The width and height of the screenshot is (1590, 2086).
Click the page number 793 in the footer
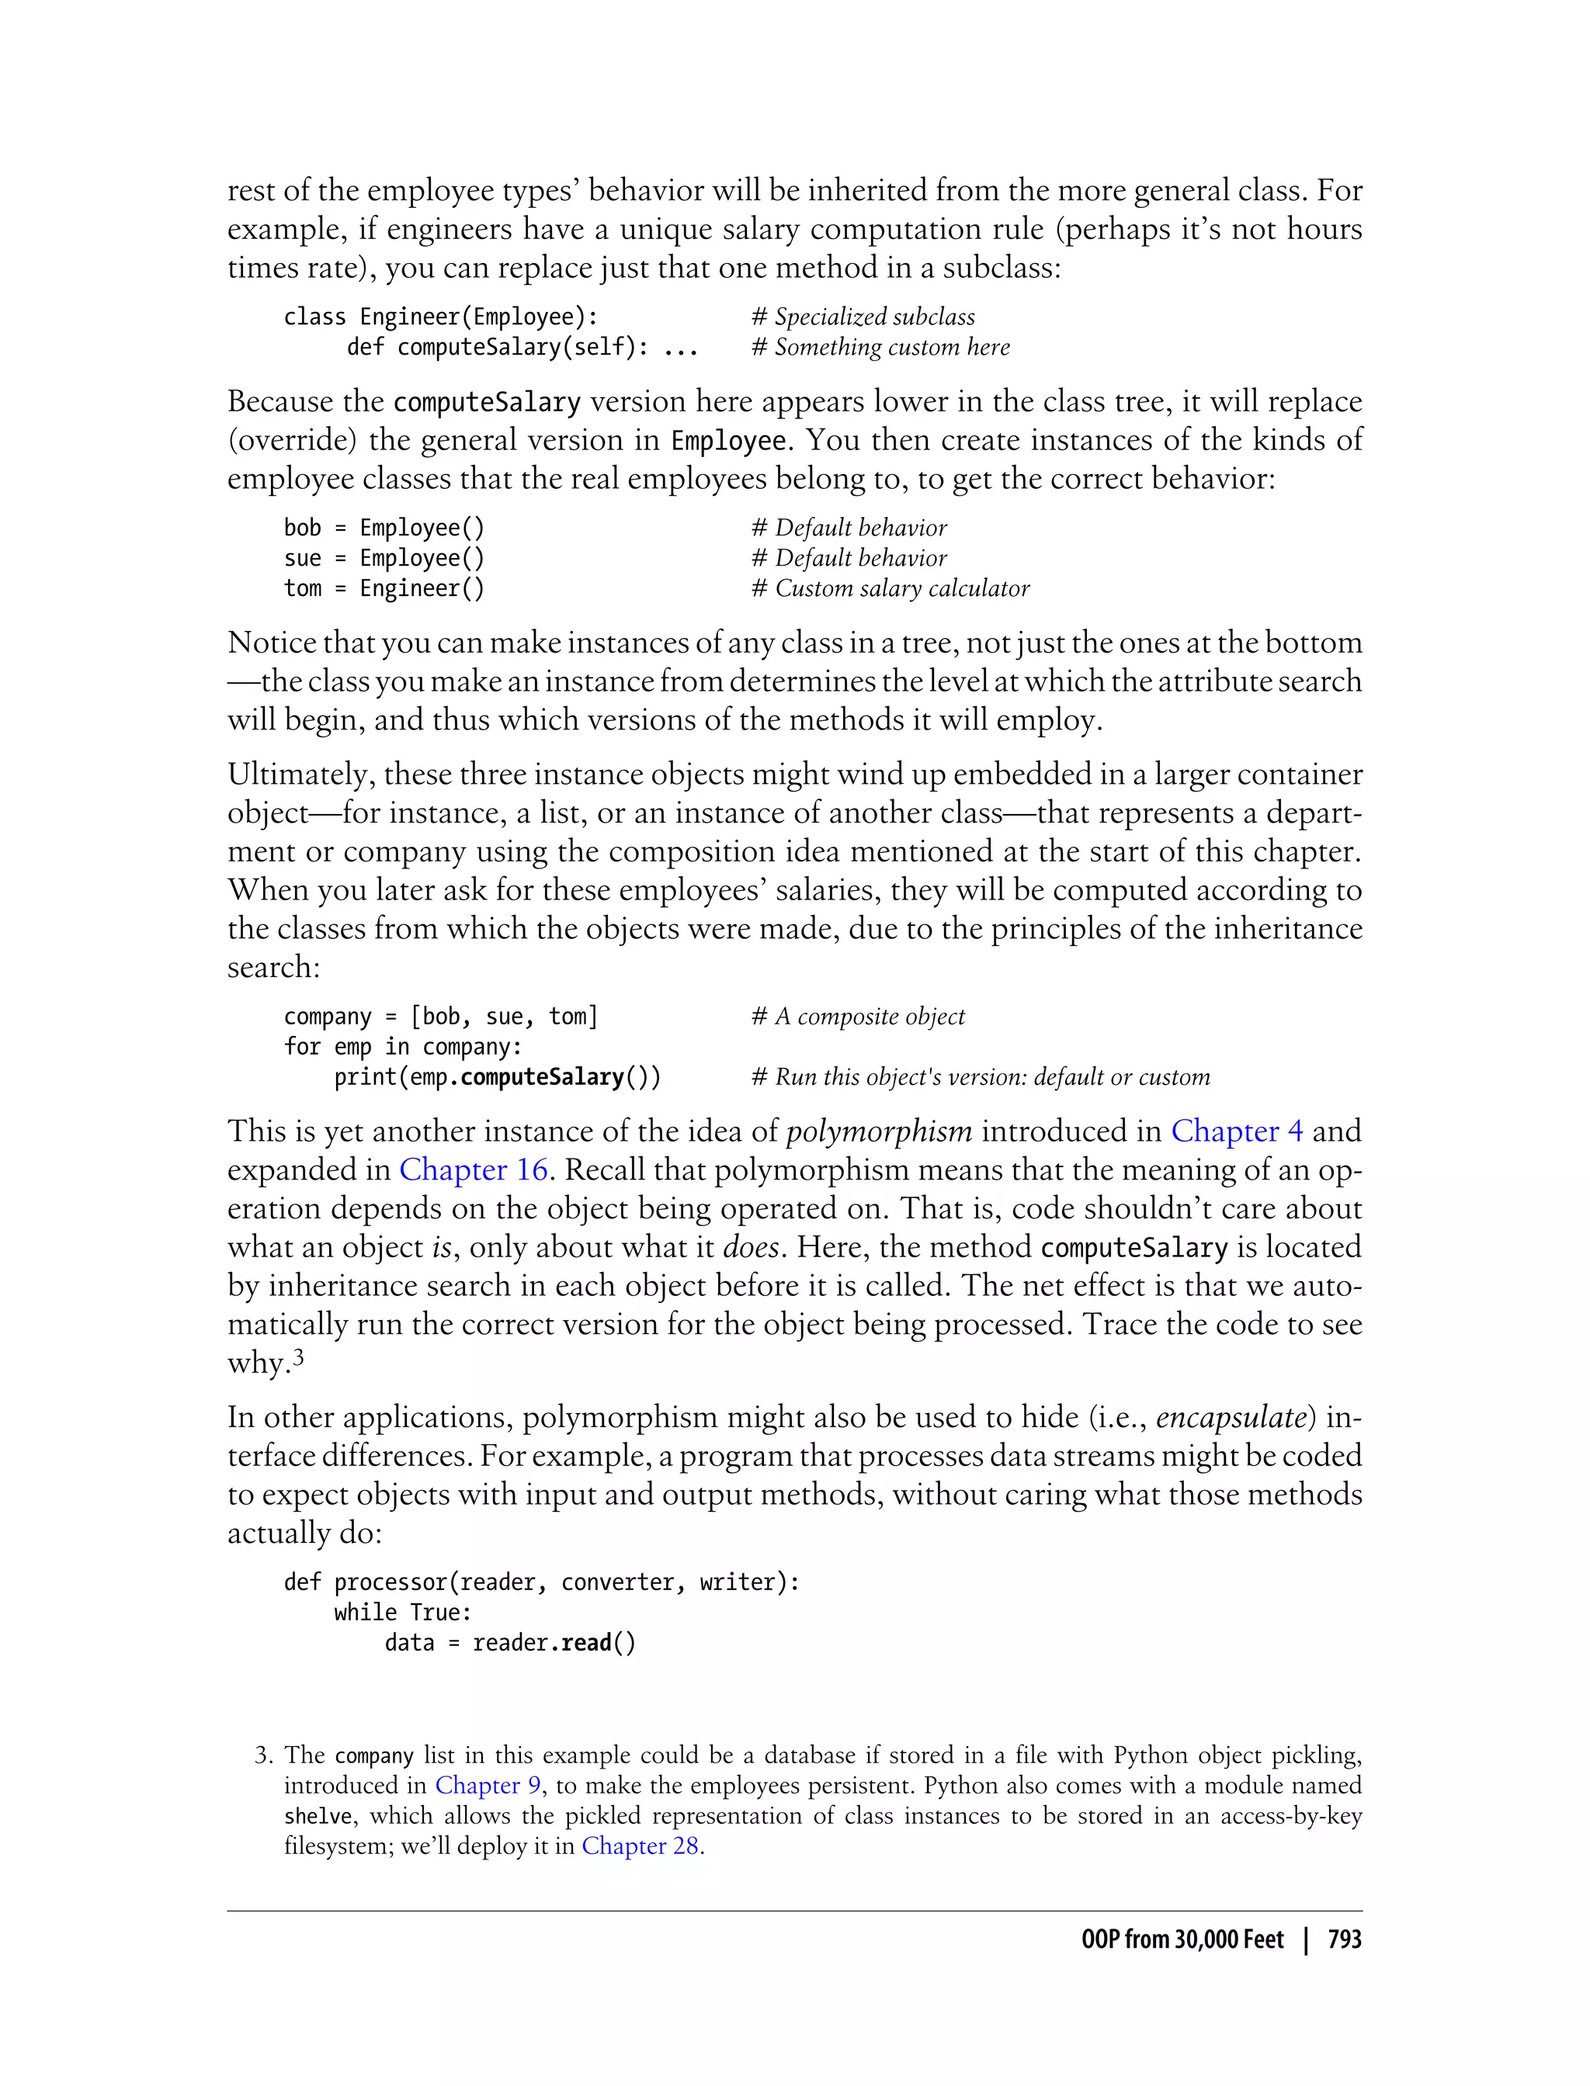1344,1939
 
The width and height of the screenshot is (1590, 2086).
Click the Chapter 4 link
1236,1131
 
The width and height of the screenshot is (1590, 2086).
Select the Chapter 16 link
474,1170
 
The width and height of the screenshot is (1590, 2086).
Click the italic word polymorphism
879,1131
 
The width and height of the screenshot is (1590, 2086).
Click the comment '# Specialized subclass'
863,317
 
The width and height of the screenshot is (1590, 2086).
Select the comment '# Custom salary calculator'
890,588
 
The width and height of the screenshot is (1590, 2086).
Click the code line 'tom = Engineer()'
384,588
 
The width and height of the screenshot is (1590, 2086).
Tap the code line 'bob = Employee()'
384,528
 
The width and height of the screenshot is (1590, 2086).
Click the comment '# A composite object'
857,1017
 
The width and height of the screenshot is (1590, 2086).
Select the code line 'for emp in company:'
402,1047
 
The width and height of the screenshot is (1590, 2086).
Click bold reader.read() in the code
554,1643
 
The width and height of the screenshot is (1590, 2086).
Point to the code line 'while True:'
402,1613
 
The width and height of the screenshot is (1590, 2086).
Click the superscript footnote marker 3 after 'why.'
298,1357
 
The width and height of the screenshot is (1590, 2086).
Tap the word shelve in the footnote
318,1817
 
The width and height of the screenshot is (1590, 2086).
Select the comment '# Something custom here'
880,347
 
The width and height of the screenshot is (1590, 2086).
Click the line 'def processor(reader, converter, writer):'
541,1582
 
